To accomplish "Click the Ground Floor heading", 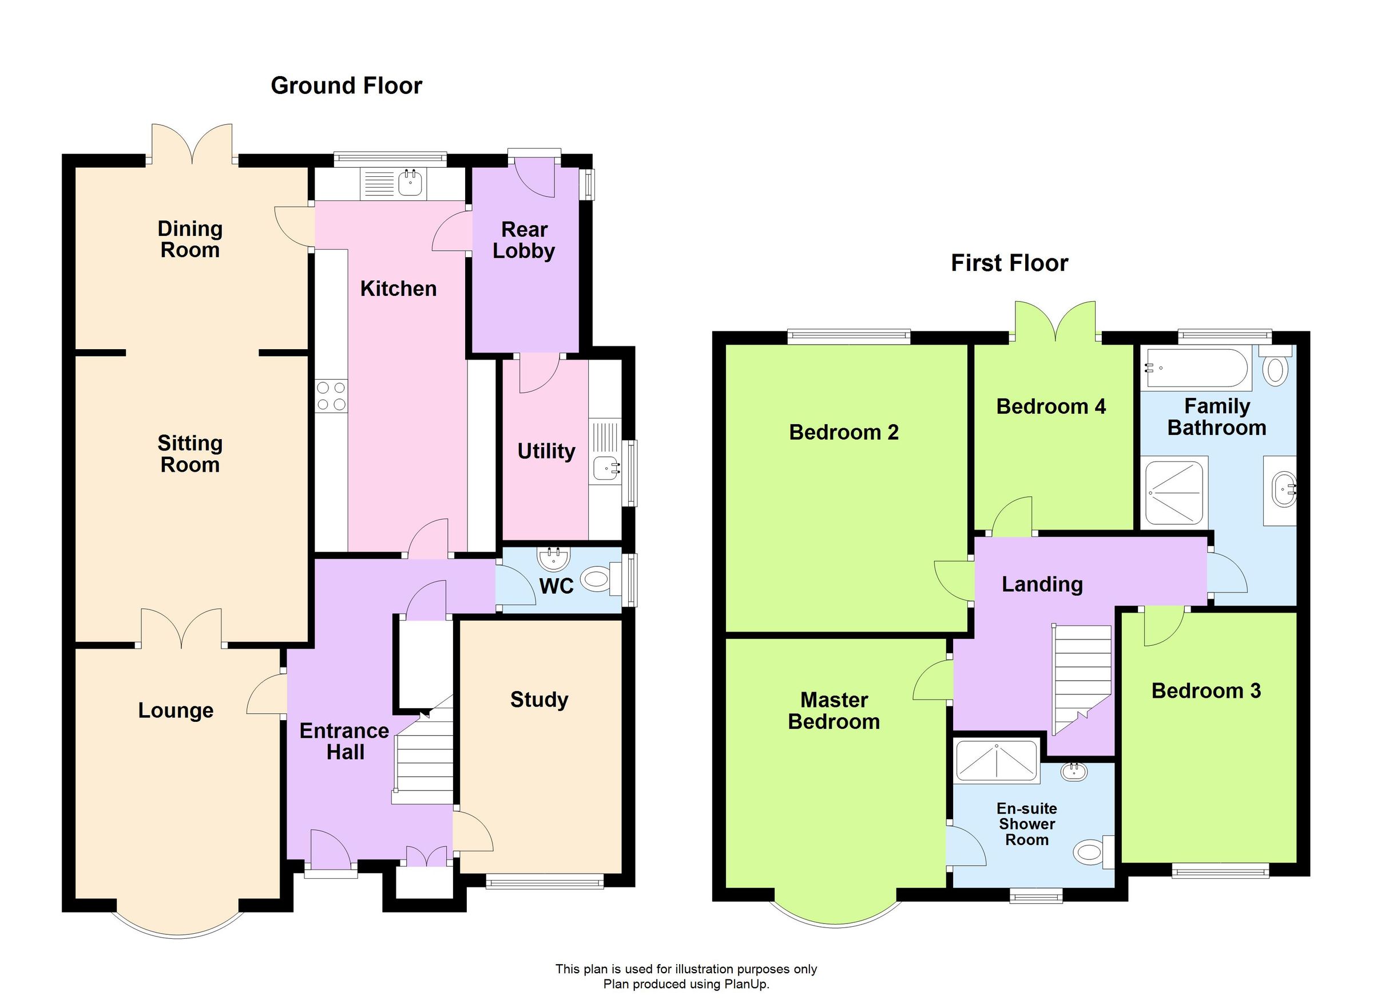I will click(346, 86).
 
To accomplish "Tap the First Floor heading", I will click(1009, 263).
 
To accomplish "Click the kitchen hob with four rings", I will click(332, 396).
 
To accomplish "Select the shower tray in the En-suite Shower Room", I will click(997, 761).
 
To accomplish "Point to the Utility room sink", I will click(606, 468).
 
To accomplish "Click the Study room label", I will click(539, 700).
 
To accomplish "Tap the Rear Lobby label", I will click(523, 240).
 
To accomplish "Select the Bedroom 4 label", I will click(1051, 406).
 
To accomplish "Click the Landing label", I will click(1042, 585).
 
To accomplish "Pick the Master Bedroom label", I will click(834, 711).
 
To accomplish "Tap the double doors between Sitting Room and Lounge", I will click(181, 628).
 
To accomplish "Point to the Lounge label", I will click(176, 710).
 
